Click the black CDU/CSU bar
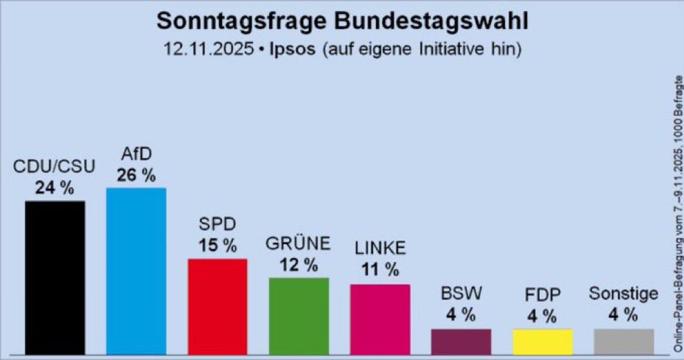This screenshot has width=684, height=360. point(55,277)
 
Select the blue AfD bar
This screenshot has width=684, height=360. point(136,271)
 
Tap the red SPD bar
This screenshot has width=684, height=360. point(217,306)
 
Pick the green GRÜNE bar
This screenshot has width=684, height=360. point(298,316)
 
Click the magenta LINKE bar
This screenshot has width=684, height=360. point(379,318)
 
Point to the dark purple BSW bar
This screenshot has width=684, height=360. point(461,341)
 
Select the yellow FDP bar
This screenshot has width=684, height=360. point(542,341)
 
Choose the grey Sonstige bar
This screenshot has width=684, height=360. point(624,341)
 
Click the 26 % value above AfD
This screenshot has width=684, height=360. point(136,176)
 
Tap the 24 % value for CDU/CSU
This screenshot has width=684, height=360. point(55,188)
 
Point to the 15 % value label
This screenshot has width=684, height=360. point(217,246)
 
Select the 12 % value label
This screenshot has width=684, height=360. point(298,265)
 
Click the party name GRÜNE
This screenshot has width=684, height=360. point(298,244)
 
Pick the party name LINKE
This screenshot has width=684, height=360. point(379,248)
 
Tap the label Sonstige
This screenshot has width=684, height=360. point(624,293)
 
